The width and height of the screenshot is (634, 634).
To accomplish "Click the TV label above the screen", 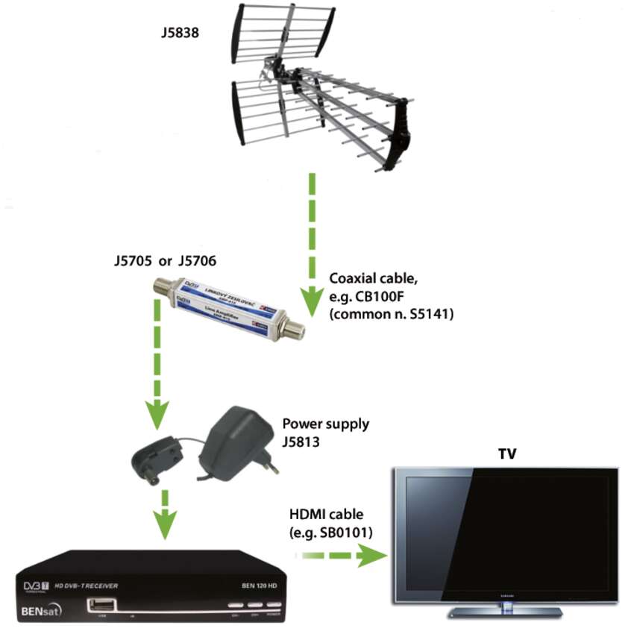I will tap(508, 453).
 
